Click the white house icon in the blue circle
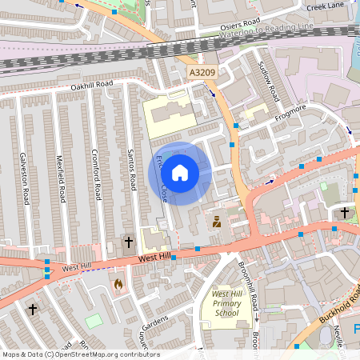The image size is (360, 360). coord(180,172)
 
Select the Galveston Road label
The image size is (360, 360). coord(24,177)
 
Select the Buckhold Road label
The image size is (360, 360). coord(335,306)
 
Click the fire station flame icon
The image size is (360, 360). coord(118,285)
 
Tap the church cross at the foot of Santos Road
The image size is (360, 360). coord(127,242)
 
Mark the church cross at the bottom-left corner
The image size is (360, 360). coord(33,309)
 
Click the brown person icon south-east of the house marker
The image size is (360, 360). coord(216,222)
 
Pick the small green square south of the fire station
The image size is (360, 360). coord(94,320)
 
